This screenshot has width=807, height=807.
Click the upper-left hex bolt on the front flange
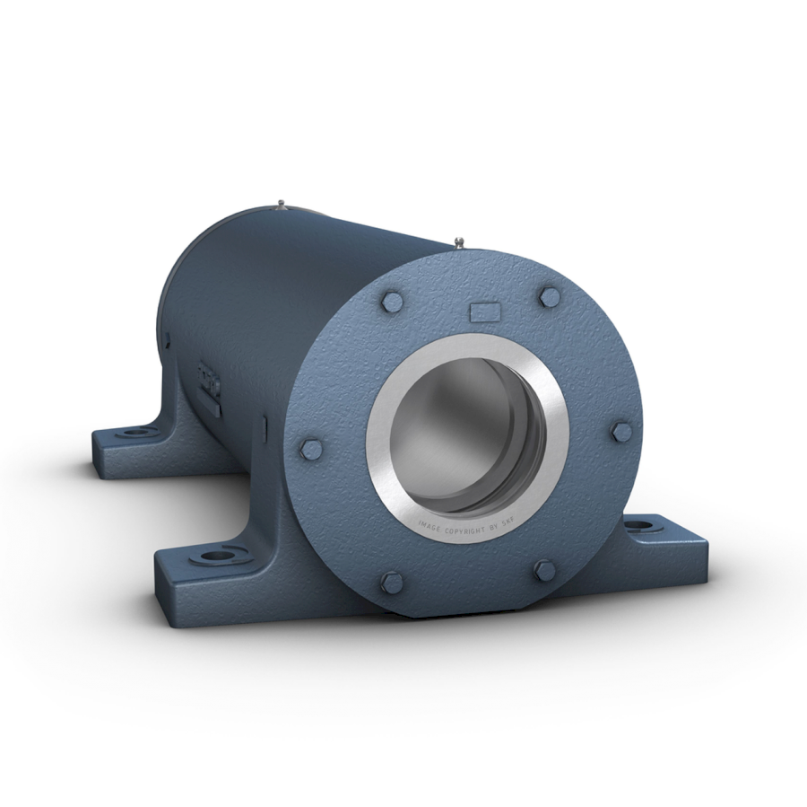391,302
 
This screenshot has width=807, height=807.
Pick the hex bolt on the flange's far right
621,432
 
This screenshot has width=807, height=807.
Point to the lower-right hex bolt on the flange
543,569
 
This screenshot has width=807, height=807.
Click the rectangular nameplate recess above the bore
485,311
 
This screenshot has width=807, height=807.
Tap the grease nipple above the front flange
459,241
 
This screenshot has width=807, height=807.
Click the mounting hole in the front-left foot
215,557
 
